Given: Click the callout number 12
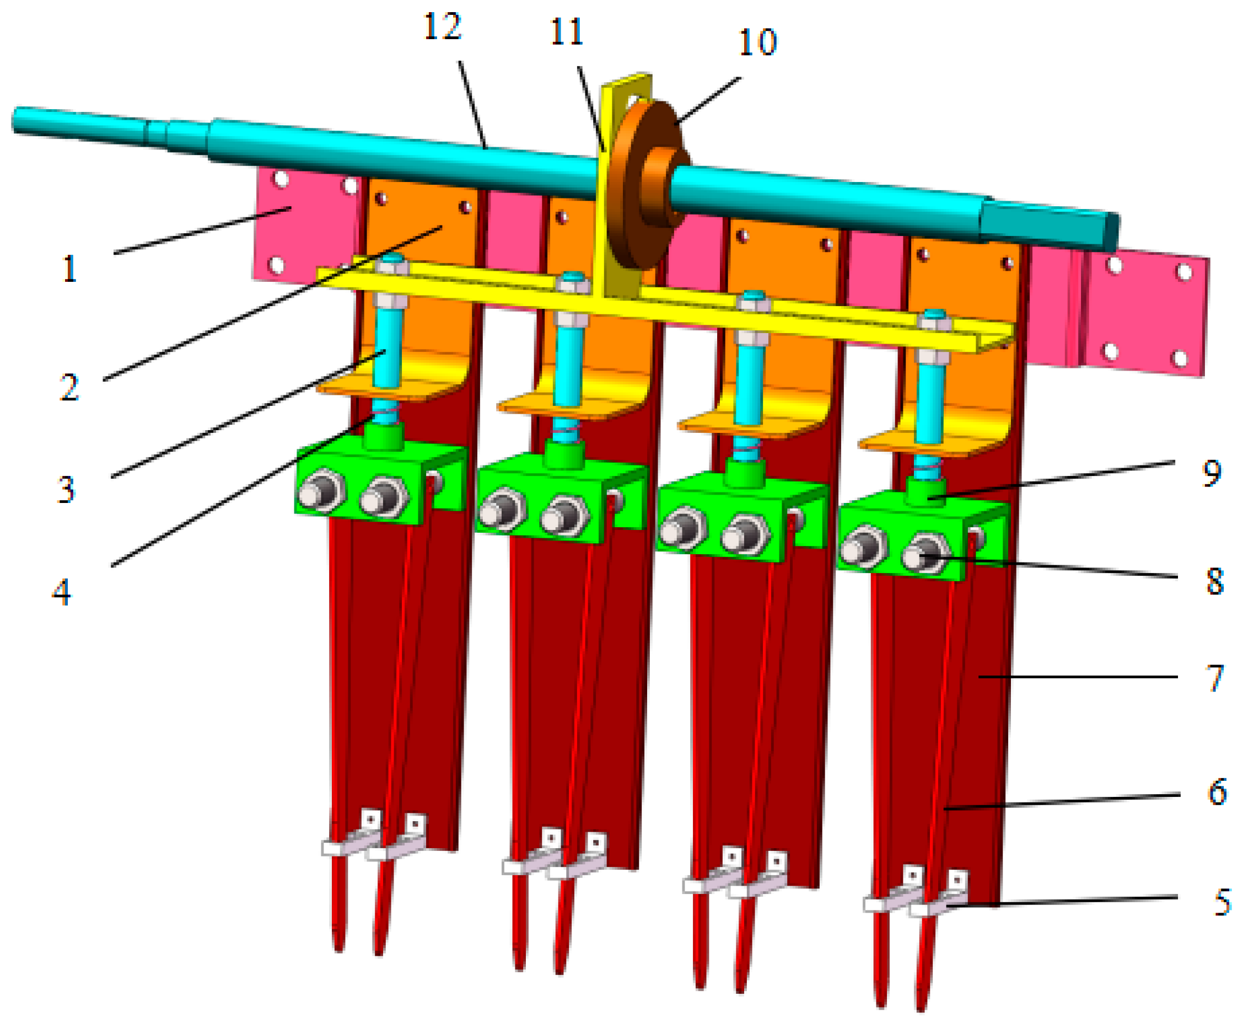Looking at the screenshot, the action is point(443,26).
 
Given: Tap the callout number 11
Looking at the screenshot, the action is point(567,32).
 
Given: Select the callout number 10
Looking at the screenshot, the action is point(757,42).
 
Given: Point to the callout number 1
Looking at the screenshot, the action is point(70,269).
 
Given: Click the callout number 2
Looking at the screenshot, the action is point(69,388).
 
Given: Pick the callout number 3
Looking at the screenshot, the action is point(67,489).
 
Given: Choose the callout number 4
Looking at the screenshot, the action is point(62,592).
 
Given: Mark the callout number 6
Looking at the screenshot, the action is point(1217,791).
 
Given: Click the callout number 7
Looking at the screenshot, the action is point(1215,678).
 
